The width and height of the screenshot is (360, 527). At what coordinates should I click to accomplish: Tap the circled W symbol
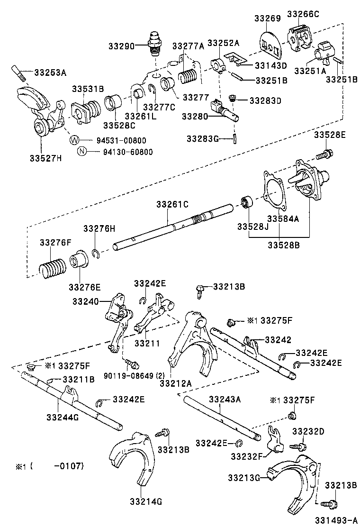[x=74, y=140]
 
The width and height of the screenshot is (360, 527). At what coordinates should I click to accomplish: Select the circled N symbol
[x=81, y=152]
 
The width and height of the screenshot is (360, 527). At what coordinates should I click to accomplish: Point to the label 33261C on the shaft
[x=172, y=204]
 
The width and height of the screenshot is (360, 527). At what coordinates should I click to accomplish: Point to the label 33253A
[x=50, y=72]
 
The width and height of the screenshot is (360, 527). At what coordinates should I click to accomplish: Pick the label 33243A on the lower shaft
[x=225, y=399]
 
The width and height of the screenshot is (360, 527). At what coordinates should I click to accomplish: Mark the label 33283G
[x=202, y=138]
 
